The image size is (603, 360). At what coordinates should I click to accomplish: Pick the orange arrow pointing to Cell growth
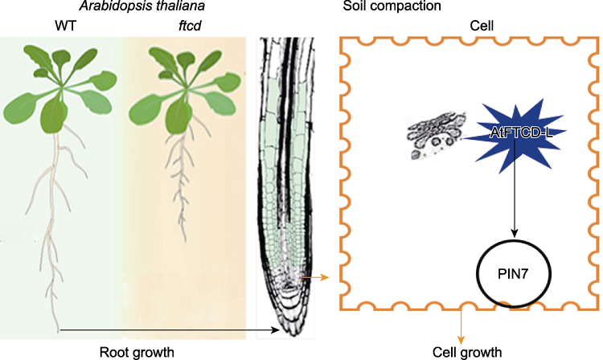[461, 325]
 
